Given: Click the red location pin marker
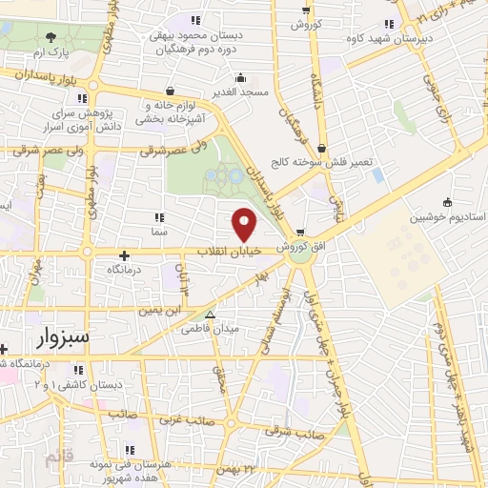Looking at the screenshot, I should click(245, 224).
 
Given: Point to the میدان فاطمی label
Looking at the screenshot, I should click(243, 328).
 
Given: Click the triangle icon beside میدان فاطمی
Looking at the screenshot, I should click(211, 315).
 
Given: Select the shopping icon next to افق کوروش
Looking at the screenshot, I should click(300, 232).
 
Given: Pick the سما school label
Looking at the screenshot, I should click(158, 231).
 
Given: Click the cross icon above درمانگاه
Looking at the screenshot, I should click(125, 255).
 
